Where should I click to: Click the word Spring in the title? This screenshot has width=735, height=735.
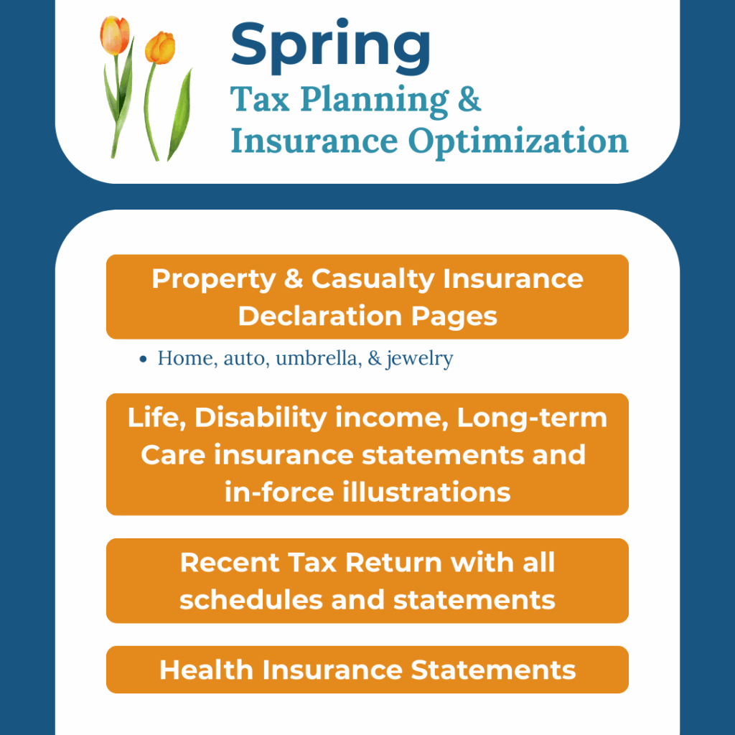coord(330,47)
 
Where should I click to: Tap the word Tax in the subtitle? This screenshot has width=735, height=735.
coord(260,99)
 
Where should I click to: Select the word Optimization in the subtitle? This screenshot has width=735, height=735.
coord(518,141)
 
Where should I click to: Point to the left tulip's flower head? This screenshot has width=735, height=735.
coord(114,34)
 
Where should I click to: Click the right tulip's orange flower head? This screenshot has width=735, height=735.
coord(160,47)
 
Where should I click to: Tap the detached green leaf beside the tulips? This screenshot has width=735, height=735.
coord(180,114)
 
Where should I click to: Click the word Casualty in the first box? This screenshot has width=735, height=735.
coord(373,279)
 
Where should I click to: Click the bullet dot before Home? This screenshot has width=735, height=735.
coord(144,360)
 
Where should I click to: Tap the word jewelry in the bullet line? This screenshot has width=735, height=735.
coord(419,359)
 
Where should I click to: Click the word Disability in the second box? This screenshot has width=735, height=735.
coord(261,418)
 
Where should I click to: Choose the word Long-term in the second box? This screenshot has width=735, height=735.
coord(532,418)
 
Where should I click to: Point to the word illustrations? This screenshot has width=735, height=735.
coord(426,492)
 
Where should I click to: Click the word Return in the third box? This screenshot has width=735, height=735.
coord(394,562)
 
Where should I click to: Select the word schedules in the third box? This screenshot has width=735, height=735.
coord(251,599)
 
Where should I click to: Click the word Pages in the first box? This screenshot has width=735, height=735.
coord(454,317)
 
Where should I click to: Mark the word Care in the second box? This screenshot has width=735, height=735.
coord(173,455)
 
